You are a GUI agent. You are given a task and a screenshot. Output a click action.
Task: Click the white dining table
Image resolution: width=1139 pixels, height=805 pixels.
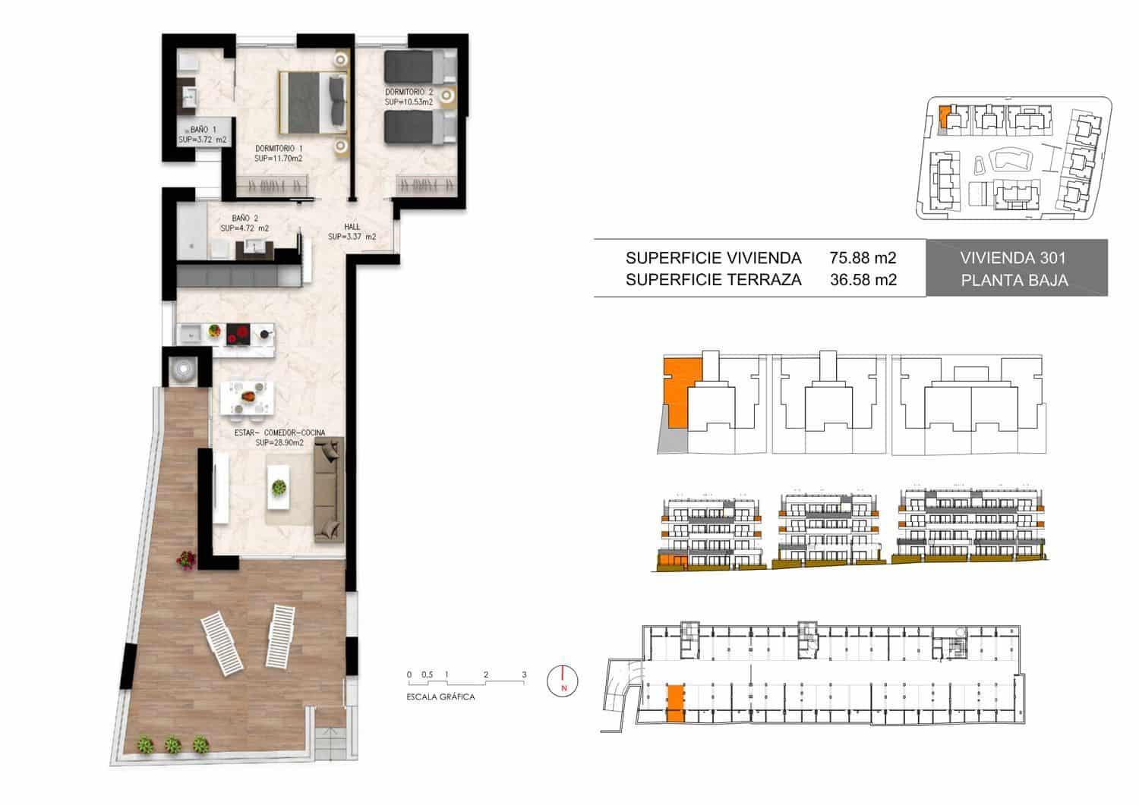246,398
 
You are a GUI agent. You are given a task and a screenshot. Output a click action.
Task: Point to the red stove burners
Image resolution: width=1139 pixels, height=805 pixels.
240,332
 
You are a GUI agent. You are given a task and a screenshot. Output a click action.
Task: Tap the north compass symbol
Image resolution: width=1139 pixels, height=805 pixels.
562,680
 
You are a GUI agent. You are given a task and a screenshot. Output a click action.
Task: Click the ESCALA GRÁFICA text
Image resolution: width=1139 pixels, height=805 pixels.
441,697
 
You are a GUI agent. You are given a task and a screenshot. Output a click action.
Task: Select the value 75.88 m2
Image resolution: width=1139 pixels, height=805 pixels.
863,257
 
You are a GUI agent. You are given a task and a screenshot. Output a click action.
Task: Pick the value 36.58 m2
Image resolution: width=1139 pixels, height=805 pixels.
863,279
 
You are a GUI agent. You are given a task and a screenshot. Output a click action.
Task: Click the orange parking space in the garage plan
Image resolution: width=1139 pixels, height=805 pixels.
674,702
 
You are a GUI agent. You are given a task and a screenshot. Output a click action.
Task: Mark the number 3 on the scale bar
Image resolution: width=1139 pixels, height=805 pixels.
524,674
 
